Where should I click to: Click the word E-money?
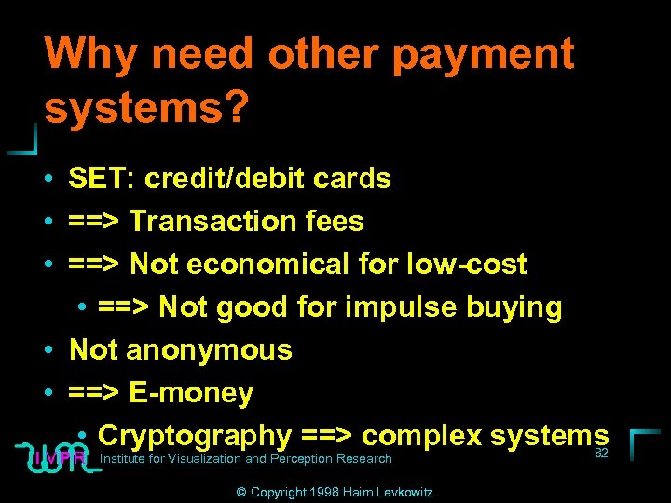click(190, 392)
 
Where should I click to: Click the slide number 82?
click(601, 453)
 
